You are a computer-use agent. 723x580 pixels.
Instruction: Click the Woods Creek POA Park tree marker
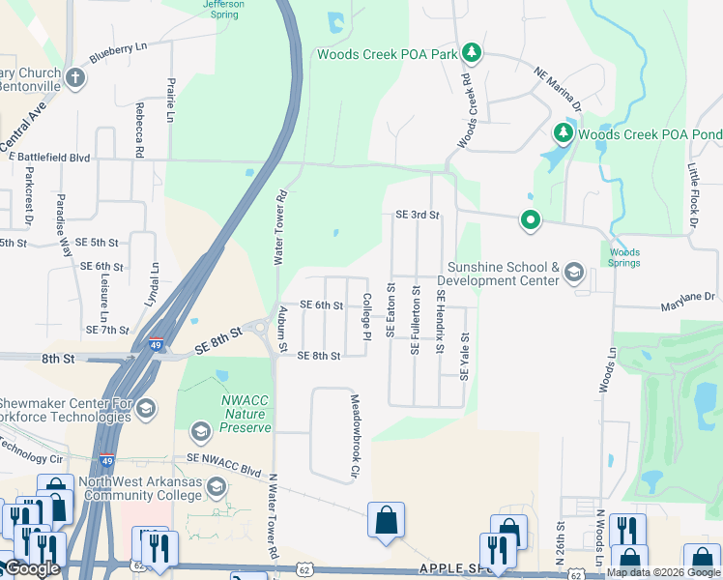471,51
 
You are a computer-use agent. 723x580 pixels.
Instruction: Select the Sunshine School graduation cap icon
574,273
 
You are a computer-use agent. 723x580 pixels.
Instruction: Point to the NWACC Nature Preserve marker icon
201,431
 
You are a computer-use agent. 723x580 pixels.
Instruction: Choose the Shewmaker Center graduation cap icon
146,408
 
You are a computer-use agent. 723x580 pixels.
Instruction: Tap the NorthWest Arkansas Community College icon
217,486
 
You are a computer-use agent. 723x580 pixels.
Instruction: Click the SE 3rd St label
417,215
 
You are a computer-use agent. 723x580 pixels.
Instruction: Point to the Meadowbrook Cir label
355,436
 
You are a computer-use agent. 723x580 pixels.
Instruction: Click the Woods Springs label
624,257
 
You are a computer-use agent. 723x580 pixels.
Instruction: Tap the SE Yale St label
464,357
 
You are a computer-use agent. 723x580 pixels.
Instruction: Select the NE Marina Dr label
558,85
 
